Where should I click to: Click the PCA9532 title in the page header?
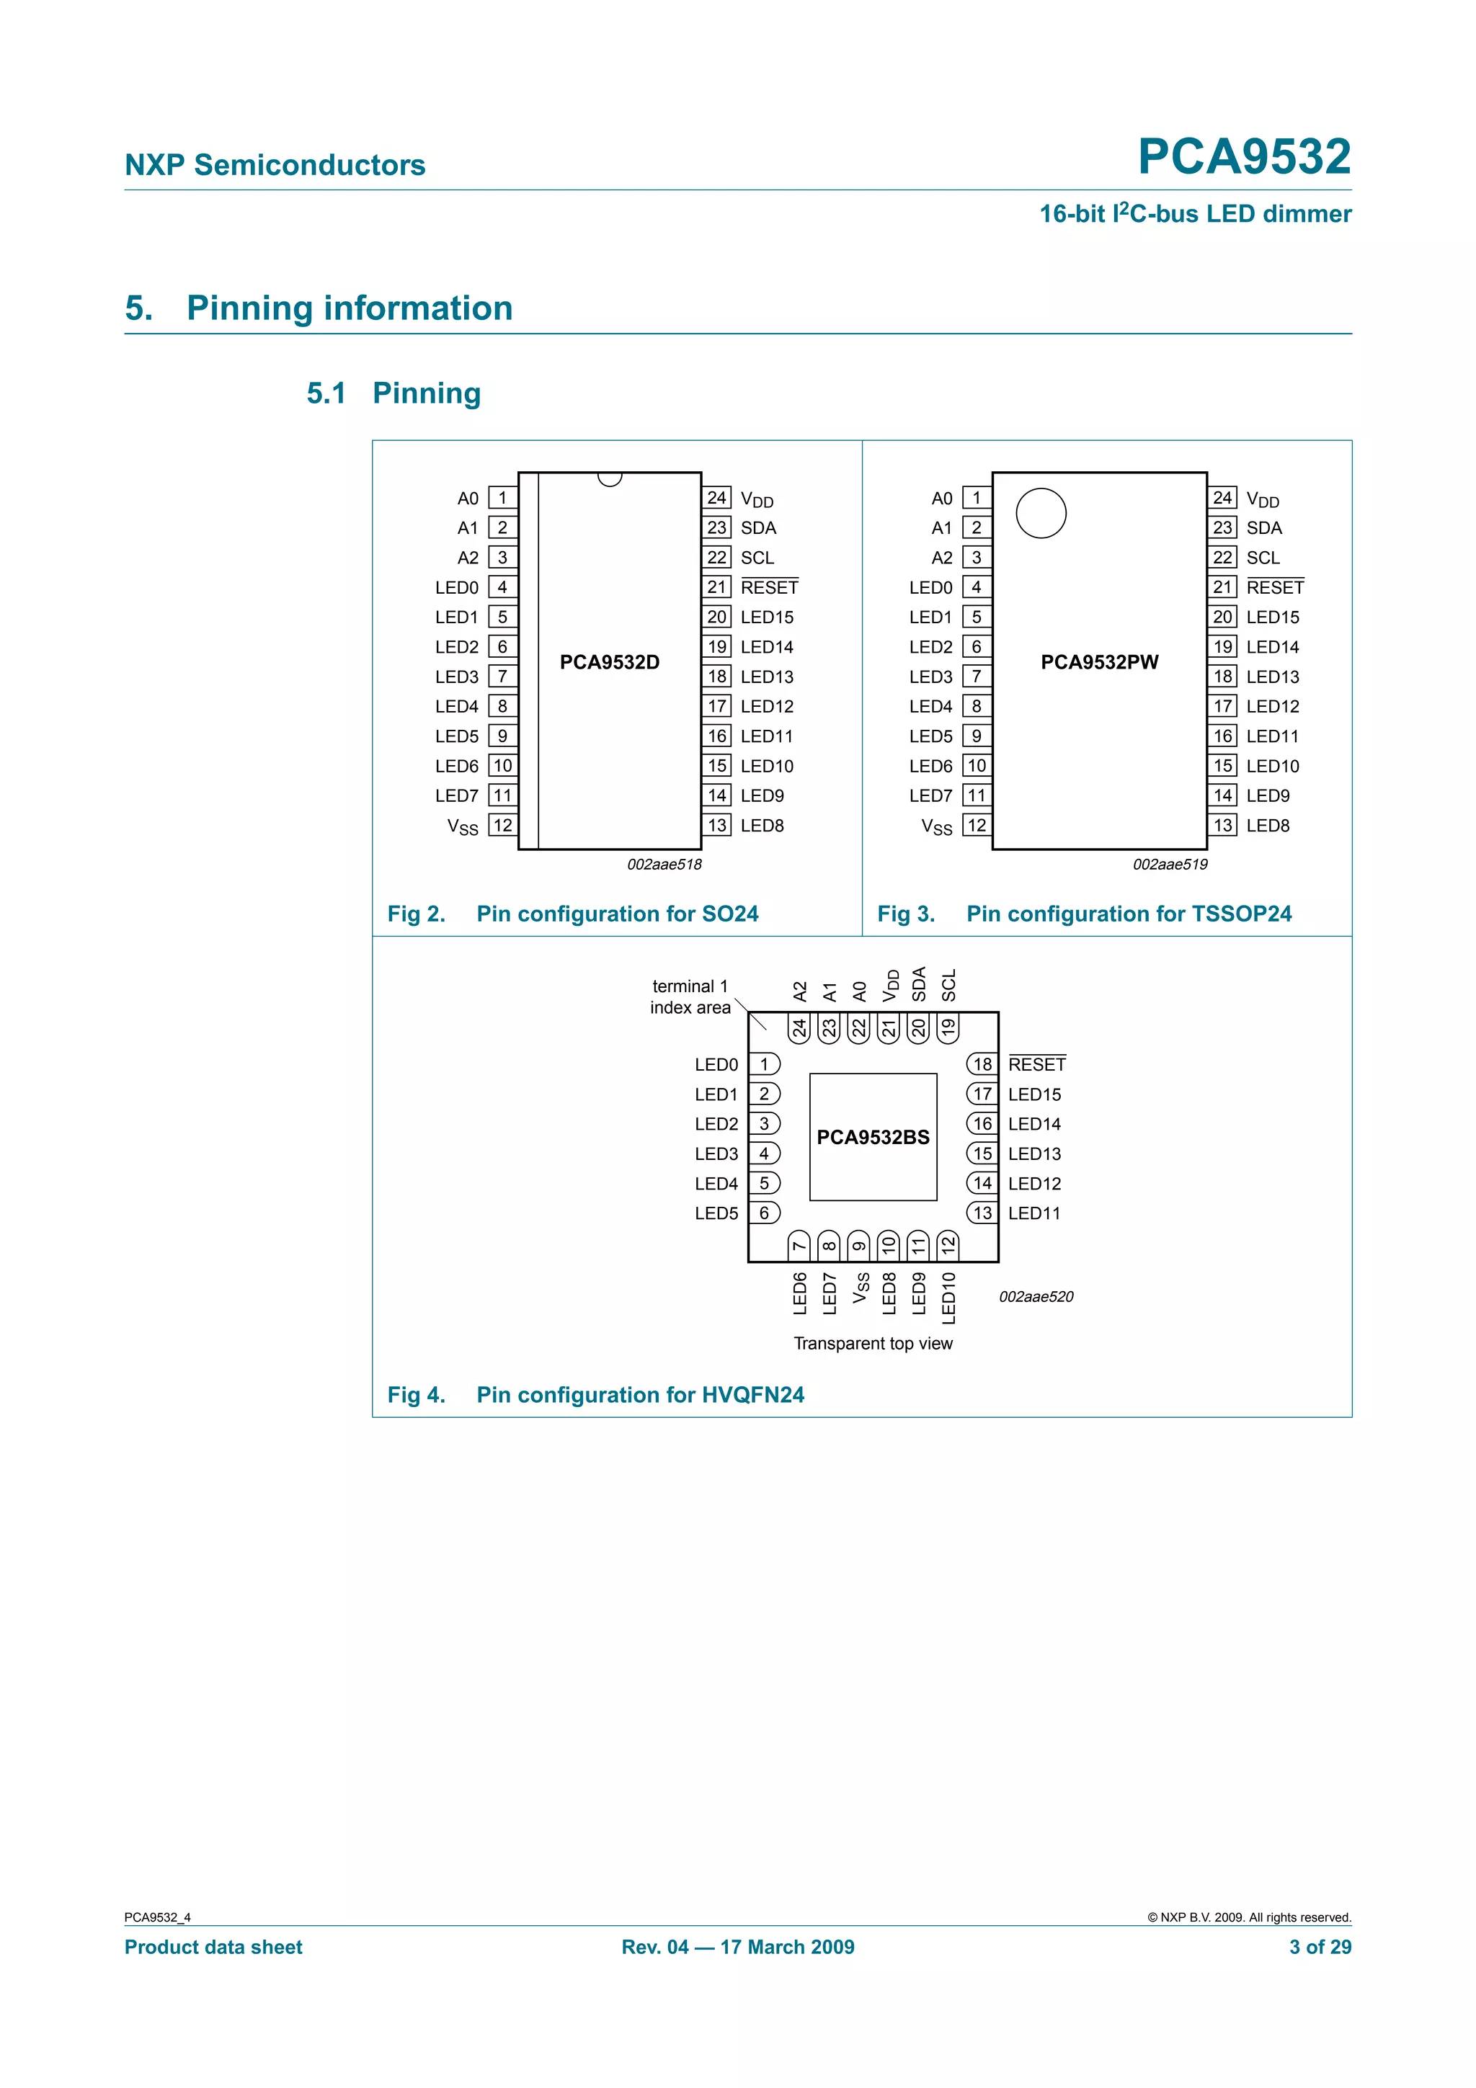pyautogui.click(x=1243, y=156)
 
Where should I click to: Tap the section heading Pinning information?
pyautogui.click(x=350, y=308)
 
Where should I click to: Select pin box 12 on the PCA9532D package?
pyautogui.click(x=503, y=825)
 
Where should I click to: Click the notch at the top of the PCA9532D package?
pyautogui.click(x=609, y=478)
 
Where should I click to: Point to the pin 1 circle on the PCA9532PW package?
pyautogui.click(x=1041, y=513)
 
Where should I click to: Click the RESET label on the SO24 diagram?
pyautogui.click(x=770, y=587)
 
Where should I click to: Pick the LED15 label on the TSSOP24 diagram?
pyautogui.click(x=1272, y=617)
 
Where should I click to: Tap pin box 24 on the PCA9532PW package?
pyautogui.click(x=1222, y=497)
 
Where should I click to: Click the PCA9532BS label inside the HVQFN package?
pyautogui.click(x=873, y=1137)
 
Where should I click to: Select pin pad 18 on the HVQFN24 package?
pyautogui.click(x=982, y=1064)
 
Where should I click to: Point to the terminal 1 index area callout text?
pyautogui.click(x=690, y=996)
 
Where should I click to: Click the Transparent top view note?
pyautogui.click(x=873, y=1343)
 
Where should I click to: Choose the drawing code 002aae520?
pyautogui.click(x=1036, y=1297)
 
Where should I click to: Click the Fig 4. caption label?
pyautogui.click(x=416, y=1395)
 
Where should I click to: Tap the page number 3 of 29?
pyautogui.click(x=1320, y=1947)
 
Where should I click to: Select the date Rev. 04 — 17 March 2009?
pyautogui.click(x=737, y=1947)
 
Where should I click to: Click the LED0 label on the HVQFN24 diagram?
pyautogui.click(x=716, y=1064)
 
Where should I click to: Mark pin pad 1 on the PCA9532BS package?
pyautogui.click(x=765, y=1064)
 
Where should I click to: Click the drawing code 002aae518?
pyautogui.click(x=664, y=864)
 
